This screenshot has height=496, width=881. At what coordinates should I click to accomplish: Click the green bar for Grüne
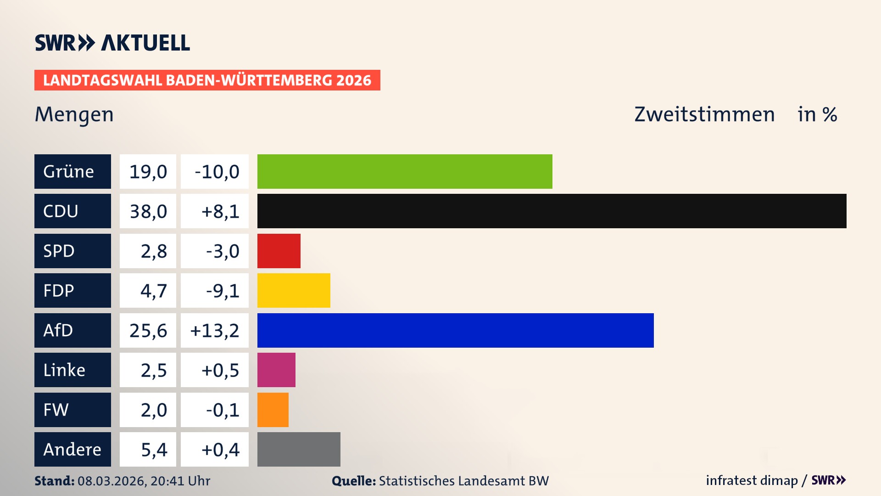pyautogui.click(x=405, y=171)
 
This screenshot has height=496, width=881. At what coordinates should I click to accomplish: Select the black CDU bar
pyautogui.click(x=552, y=211)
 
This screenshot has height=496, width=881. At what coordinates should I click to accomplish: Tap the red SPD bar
pyautogui.click(x=279, y=251)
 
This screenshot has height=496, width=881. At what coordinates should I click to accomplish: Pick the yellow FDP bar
pyautogui.click(x=294, y=290)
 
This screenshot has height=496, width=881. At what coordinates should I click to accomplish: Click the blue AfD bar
pyautogui.click(x=455, y=330)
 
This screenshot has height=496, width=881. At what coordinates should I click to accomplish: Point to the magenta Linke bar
pyautogui.click(x=276, y=370)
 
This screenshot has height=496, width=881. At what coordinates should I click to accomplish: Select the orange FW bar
pyautogui.click(x=273, y=410)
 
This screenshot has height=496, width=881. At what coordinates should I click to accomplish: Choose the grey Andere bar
pyautogui.click(x=299, y=449)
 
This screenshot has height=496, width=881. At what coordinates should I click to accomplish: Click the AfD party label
pyautogui.click(x=72, y=330)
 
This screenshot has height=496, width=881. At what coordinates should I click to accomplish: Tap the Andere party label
pyautogui.click(x=72, y=449)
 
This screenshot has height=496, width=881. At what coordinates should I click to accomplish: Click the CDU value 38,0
pyautogui.click(x=148, y=211)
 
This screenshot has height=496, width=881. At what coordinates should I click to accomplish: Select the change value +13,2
pyautogui.click(x=215, y=331)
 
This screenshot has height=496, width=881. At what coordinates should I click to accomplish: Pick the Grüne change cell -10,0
pyautogui.click(x=215, y=172)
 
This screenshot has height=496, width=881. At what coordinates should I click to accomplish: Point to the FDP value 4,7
pyautogui.click(x=148, y=291)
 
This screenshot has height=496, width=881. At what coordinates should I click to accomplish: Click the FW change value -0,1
pyautogui.click(x=215, y=410)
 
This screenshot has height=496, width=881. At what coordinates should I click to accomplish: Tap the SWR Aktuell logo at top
pyautogui.click(x=112, y=43)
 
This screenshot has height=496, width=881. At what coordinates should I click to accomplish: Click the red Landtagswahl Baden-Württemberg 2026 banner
pyautogui.click(x=207, y=80)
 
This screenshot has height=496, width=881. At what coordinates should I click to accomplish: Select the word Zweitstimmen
pyautogui.click(x=704, y=114)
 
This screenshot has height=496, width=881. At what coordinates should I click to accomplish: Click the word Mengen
pyautogui.click(x=74, y=114)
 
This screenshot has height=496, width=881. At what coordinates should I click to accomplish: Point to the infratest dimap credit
pyautogui.click(x=752, y=480)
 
